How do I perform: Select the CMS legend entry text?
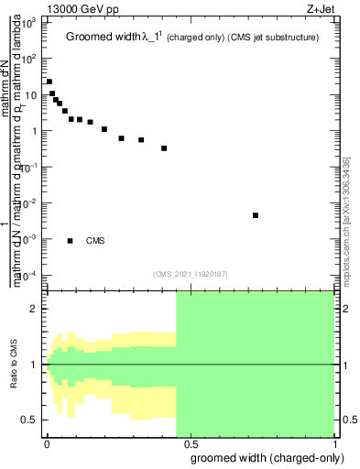click(x=95, y=241)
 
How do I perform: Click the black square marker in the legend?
click(x=70, y=241)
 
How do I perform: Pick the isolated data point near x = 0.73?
click(x=255, y=215)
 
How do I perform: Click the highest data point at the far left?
click(x=49, y=82)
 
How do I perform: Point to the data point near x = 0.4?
click(x=164, y=147)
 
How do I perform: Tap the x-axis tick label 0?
click(x=46, y=442)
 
